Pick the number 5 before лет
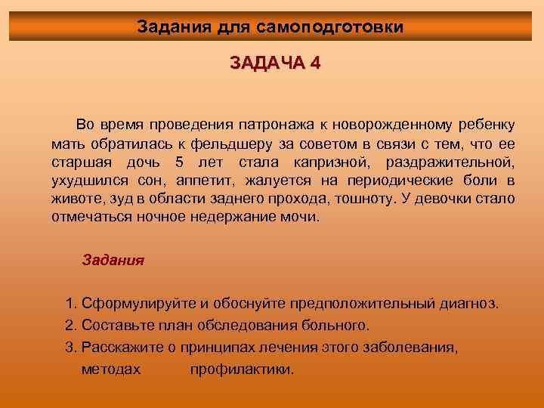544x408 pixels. (x=179, y=162)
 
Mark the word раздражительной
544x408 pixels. (x=450, y=162)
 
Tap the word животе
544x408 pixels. (x=74, y=199)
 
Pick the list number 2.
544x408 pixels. (x=70, y=326)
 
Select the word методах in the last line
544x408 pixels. (x=110, y=369)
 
